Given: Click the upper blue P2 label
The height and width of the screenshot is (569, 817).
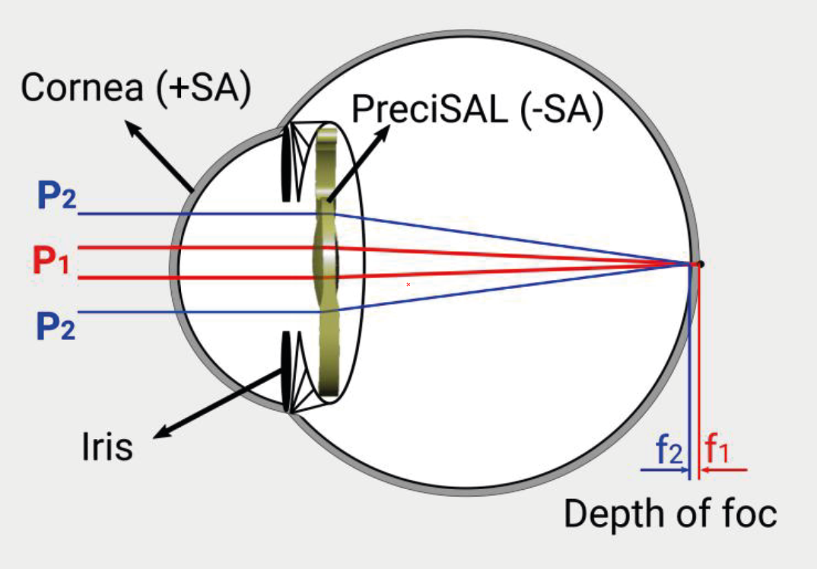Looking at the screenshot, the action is click(x=56, y=196).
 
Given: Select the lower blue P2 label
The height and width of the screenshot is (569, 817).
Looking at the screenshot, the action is click(x=56, y=326).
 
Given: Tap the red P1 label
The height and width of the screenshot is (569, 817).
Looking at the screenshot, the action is click(x=50, y=260).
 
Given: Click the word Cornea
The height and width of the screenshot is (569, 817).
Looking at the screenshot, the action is click(x=82, y=87).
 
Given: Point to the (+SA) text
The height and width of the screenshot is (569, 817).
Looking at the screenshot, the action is click(x=204, y=88).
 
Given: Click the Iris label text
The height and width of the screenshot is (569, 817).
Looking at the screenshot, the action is click(x=107, y=447).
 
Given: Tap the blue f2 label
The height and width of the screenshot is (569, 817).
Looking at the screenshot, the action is click(x=669, y=450).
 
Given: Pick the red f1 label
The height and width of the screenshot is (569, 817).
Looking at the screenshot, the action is click(x=717, y=449).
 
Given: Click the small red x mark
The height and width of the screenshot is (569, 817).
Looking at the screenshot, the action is click(x=408, y=284).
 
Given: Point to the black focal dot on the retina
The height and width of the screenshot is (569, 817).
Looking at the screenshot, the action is click(x=701, y=264).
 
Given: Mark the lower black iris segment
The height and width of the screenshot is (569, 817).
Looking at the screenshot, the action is click(x=286, y=371).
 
